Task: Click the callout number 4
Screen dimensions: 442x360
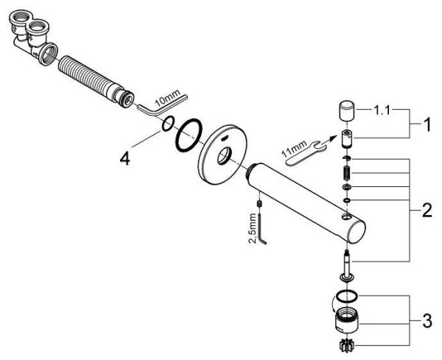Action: [x=124, y=160]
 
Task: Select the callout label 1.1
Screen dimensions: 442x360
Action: [x=382, y=110]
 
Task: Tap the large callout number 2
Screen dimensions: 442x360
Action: [x=427, y=210]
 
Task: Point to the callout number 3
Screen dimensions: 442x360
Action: [x=427, y=321]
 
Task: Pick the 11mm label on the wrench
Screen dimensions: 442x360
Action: [x=295, y=148]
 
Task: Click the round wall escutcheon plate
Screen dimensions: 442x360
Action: [x=222, y=155]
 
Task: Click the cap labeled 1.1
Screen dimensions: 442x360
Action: [x=347, y=110]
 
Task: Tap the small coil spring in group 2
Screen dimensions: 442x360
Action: [x=347, y=172]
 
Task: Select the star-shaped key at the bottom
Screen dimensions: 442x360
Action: [x=347, y=345]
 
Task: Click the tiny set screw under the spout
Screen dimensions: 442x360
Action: [x=259, y=203]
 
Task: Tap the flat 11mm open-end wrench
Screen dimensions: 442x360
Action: [x=303, y=153]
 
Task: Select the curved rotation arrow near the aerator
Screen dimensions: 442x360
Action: [x=334, y=304]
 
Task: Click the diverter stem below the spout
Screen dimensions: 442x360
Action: [x=347, y=266]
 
